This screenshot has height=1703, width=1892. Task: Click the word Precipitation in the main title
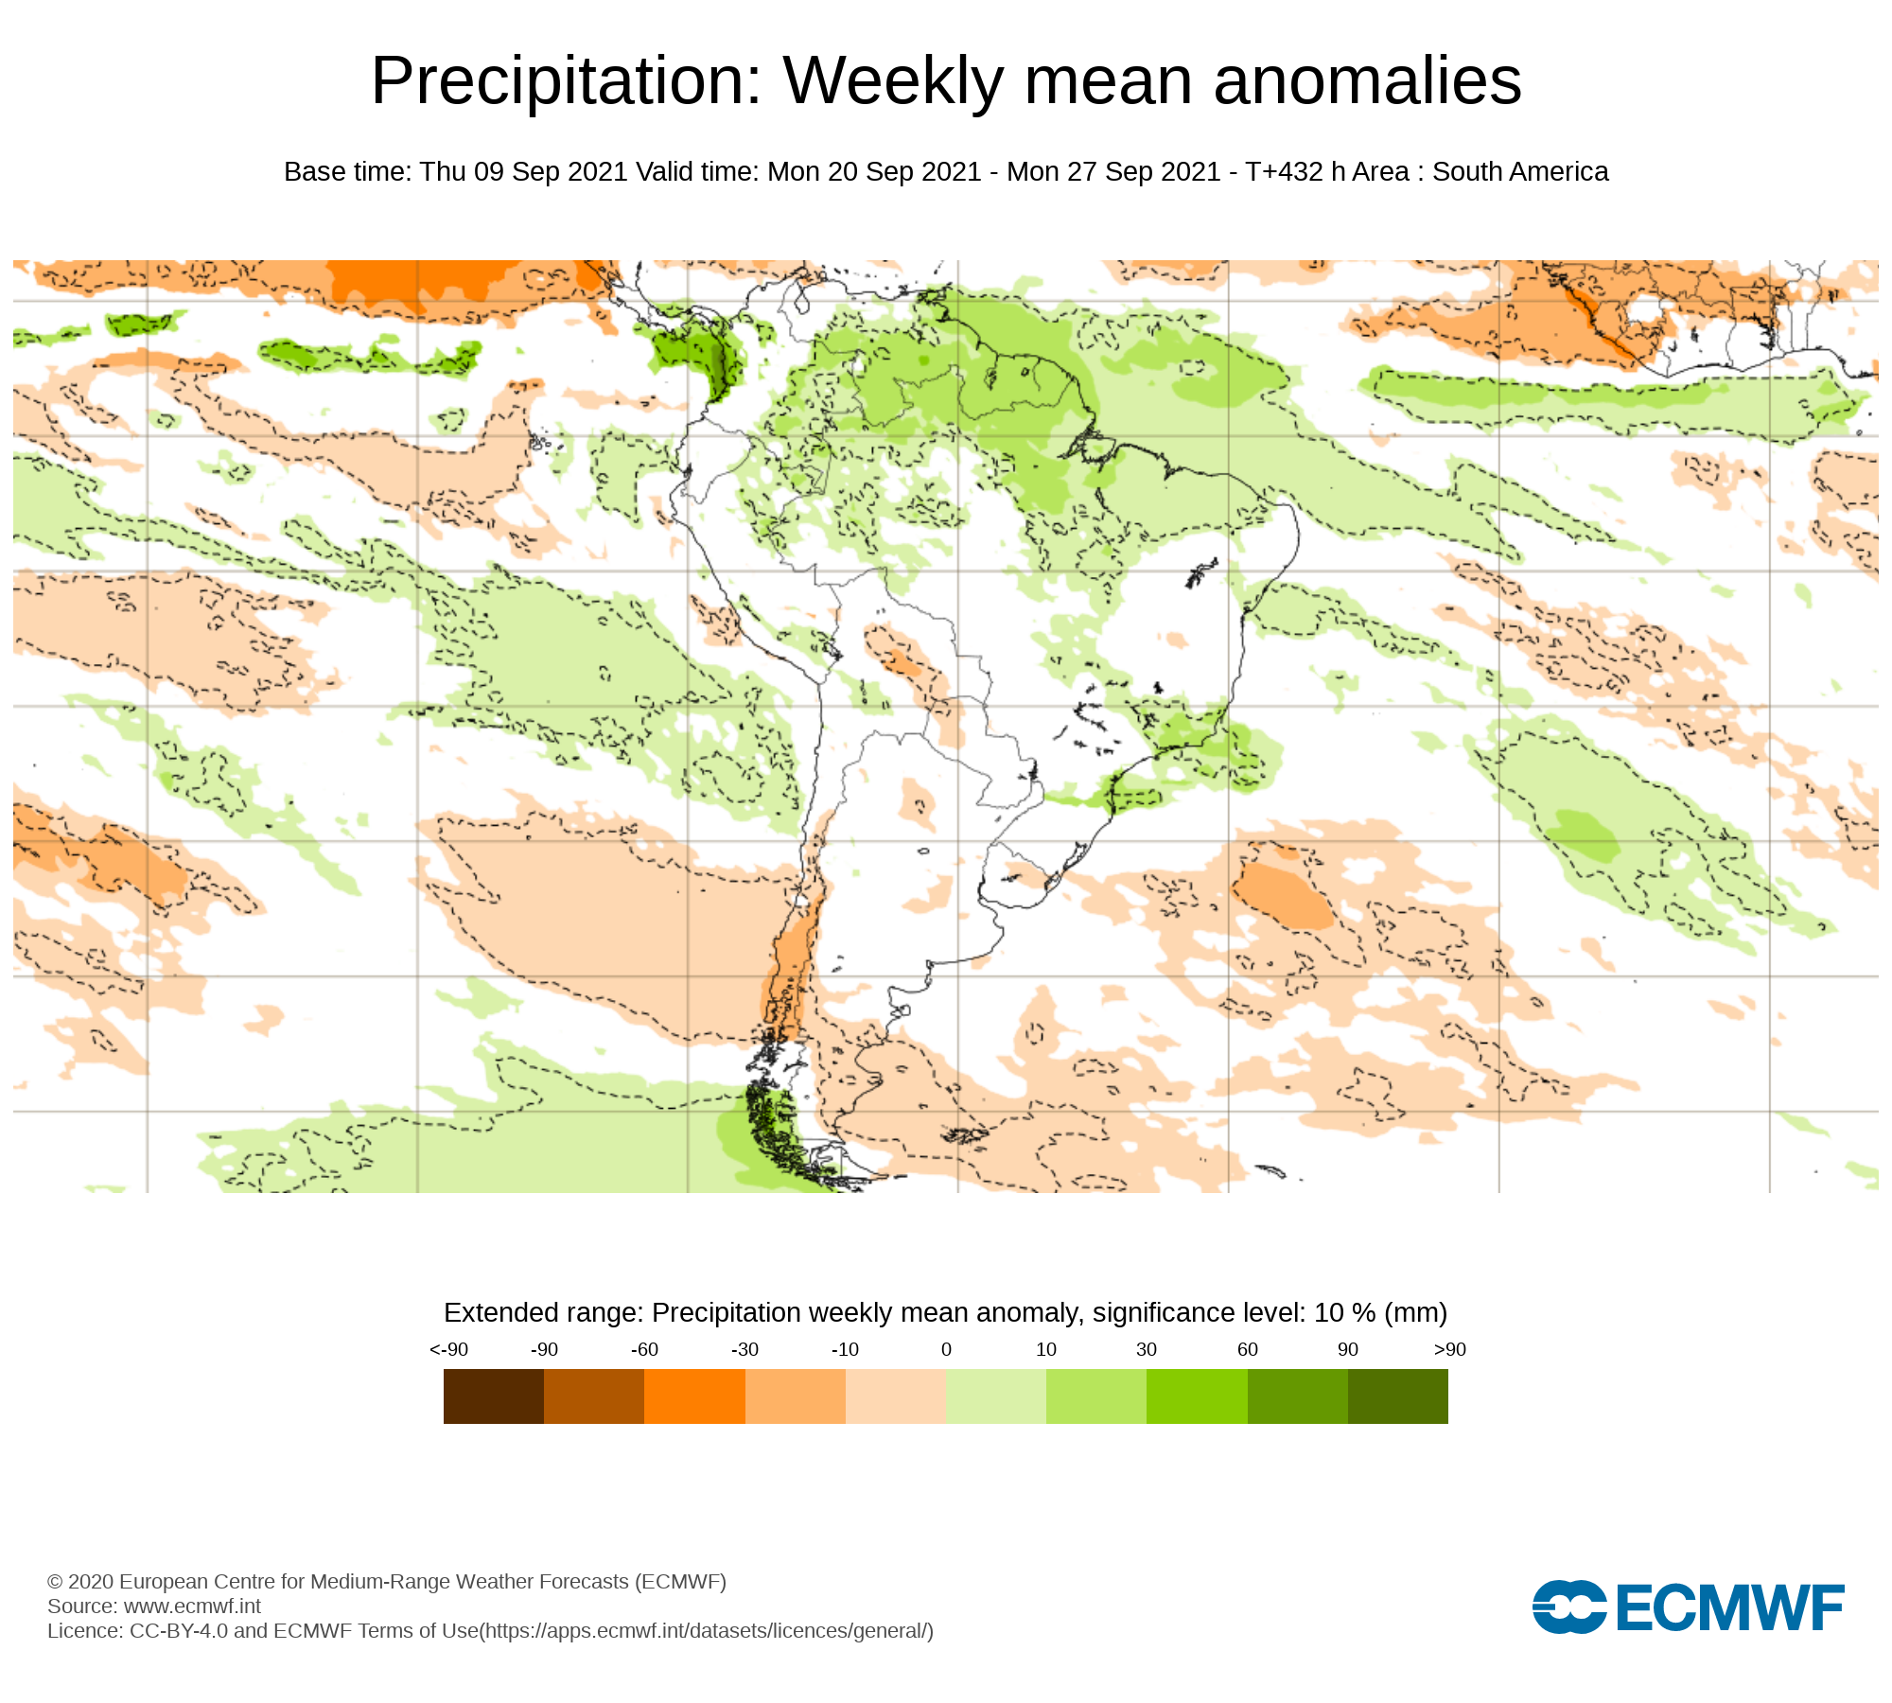[566, 82]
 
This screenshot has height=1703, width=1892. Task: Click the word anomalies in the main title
[1367, 82]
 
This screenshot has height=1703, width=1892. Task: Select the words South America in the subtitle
[1519, 172]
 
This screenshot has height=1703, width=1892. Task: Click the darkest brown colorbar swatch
[493, 1396]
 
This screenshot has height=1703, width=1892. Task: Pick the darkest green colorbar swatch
[1397, 1396]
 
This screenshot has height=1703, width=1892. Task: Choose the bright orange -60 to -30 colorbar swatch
[694, 1396]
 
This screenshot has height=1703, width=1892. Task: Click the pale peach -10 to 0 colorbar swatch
[895, 1396]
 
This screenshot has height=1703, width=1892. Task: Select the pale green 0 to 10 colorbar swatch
[995, 1396]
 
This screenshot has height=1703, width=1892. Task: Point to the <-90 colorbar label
[448, 1350]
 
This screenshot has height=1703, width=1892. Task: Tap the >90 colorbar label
[1449, 1350]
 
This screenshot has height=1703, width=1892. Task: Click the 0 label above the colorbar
[946, 1350]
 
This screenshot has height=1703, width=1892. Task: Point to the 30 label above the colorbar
[1147, 1350]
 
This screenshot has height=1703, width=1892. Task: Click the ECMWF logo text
[1730, 1607]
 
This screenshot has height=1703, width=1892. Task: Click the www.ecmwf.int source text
[192, 1606]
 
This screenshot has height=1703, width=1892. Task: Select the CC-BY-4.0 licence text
[179, 1631]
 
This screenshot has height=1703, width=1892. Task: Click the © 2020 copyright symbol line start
[55, 1582]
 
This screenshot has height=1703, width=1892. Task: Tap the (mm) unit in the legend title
[1415, 1313]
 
